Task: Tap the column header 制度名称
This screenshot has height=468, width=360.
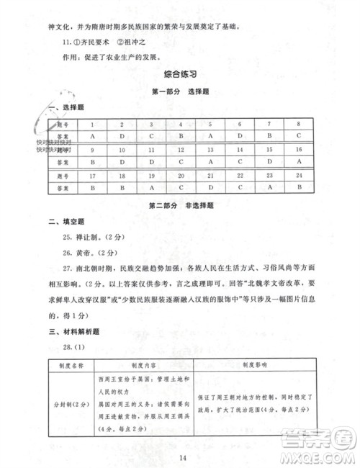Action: (71, 365)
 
